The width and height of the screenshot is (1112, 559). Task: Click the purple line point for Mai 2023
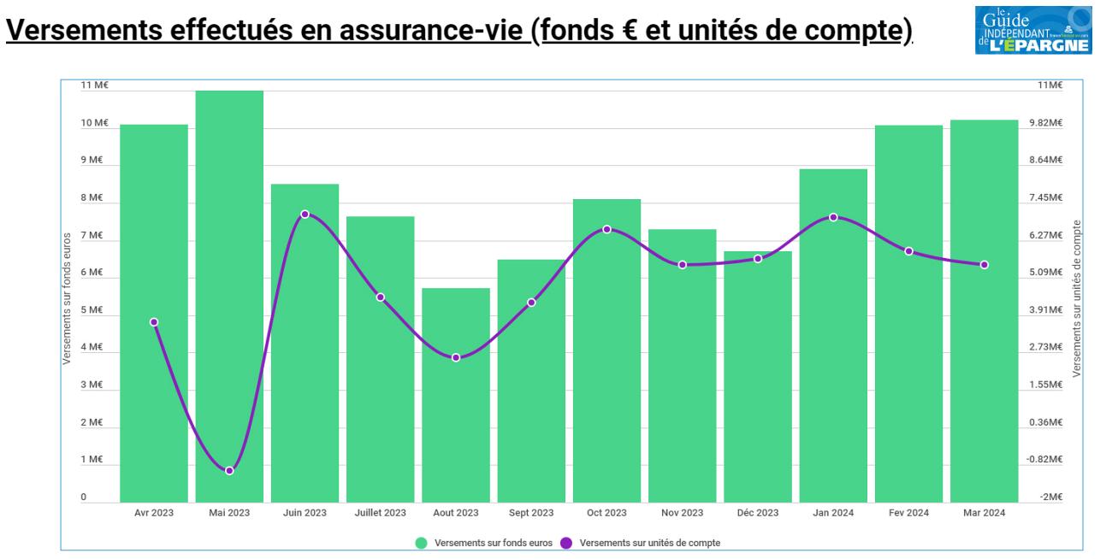[x=229, y=471]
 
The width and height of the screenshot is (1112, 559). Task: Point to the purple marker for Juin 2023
[x=305, y=214]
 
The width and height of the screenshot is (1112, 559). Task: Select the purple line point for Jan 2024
[x=833, y=217]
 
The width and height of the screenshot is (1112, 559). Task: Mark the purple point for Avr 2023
[x=154, y=322]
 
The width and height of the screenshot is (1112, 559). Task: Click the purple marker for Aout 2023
[x=456, y=357]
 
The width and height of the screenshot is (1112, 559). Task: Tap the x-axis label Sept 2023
[x=531, y=514]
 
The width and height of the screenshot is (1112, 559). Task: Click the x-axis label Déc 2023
[x=758, y=514]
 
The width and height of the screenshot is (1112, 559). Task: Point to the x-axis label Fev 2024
[x=908, y=514]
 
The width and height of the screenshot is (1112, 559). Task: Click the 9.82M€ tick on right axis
[x=1049, y=123]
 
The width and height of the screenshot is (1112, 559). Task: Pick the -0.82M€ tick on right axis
[x=1049, y=460]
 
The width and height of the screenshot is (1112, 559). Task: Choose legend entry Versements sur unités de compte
[x=642, y=543]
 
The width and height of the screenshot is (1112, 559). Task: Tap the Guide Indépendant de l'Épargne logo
[x=1055, y=28]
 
